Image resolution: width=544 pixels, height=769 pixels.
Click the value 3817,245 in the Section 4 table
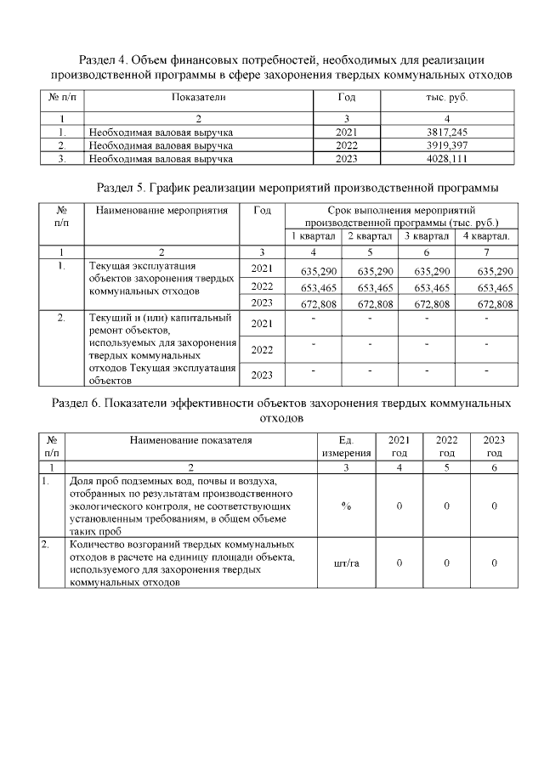point(448,133)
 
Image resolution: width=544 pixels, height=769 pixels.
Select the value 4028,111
point(448,158)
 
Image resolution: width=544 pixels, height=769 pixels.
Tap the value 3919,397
point(448,145)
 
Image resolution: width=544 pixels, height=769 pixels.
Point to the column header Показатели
point(198,98)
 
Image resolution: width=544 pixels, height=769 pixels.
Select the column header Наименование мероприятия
point(162,210)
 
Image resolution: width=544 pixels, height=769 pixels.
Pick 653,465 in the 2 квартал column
point(369,288)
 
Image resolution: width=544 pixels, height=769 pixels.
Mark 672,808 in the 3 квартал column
point(426,304)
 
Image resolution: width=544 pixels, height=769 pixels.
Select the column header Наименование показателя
point(191,440)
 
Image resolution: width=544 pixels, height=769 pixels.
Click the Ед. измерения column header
point(346,447)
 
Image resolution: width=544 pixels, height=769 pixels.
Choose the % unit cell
point(346,506)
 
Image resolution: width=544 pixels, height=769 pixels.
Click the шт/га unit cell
point(346,563)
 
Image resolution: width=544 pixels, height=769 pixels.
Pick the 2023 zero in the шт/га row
point(494,563)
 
